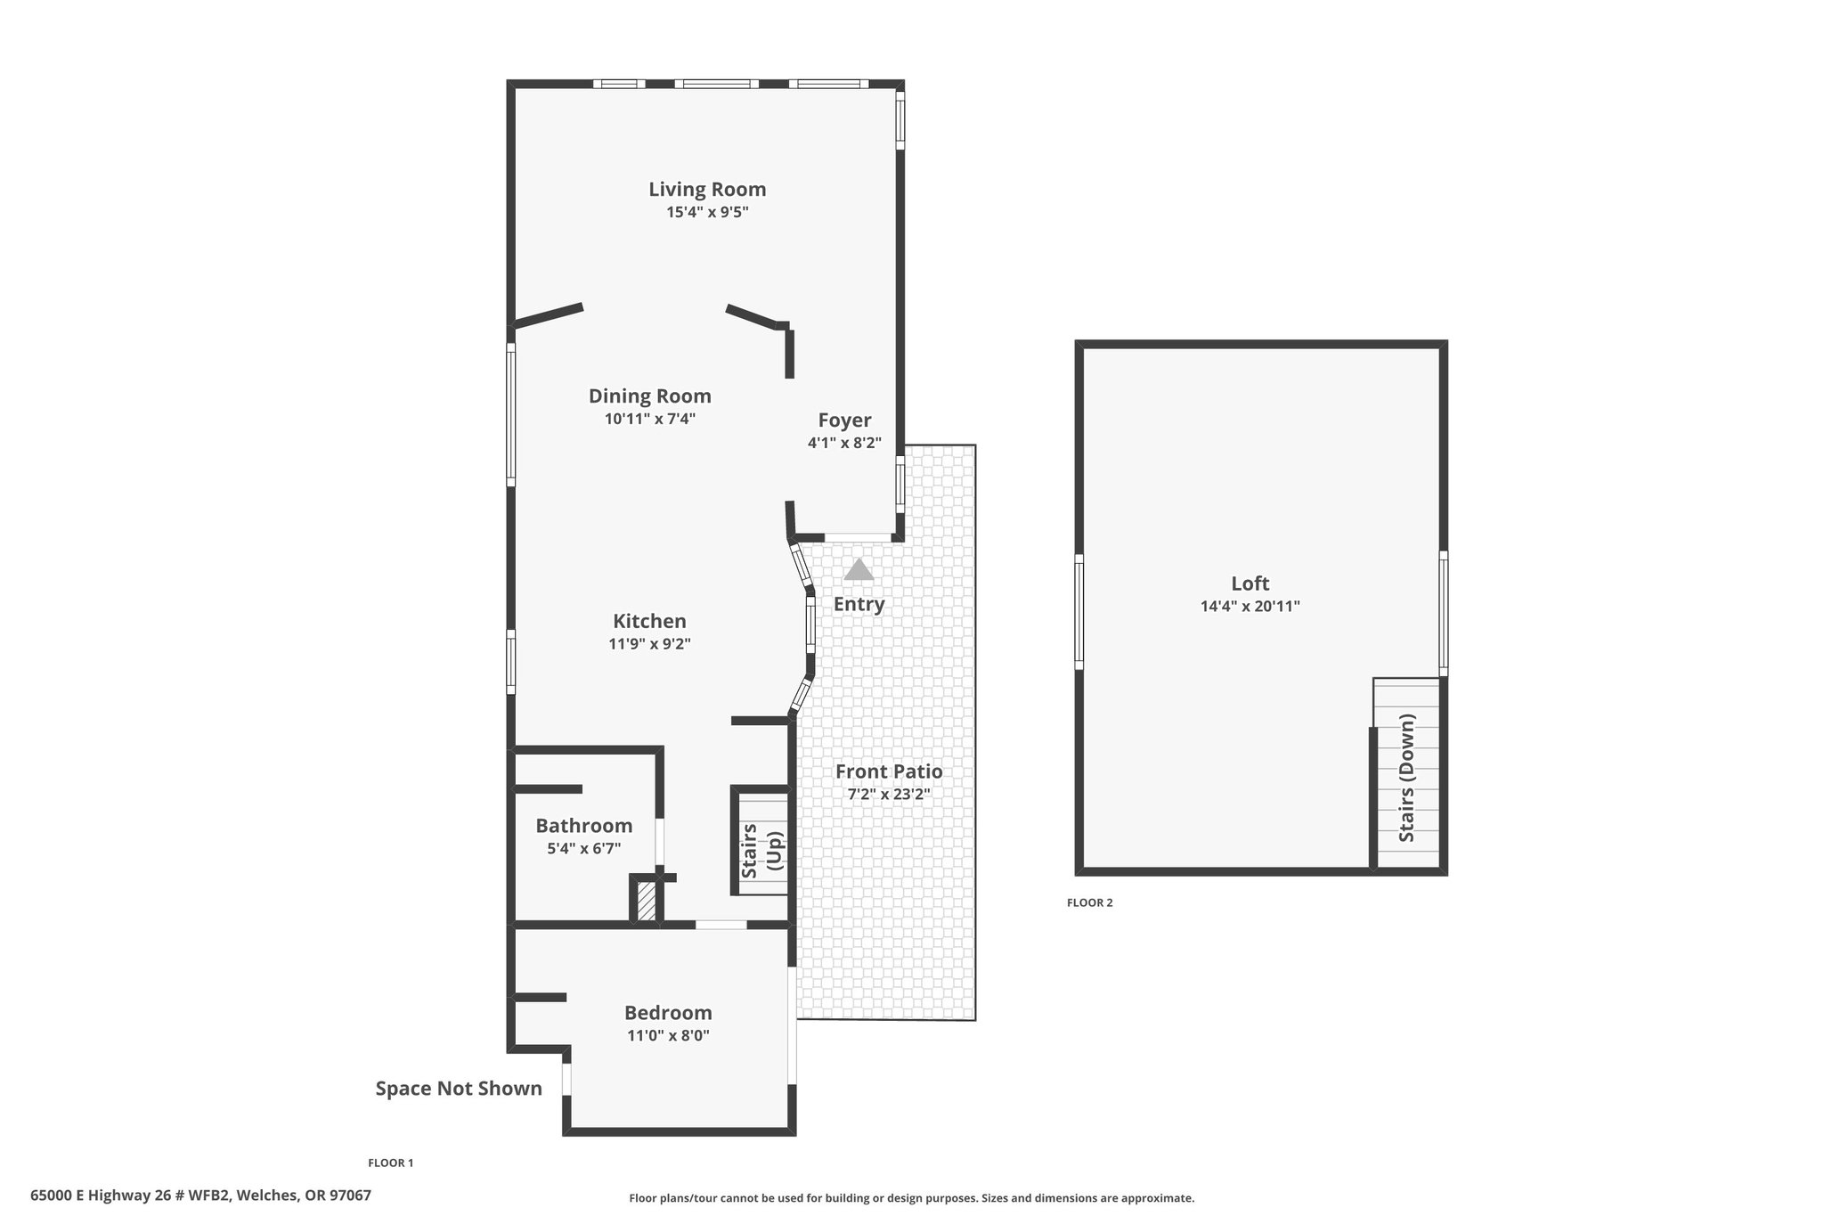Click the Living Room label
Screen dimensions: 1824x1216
[x=707, y=189]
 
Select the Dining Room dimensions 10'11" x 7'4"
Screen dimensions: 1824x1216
[x=650, y=419]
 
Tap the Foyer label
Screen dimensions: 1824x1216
[x=844, y=420]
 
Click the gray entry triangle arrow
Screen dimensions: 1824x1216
[x=859, y=569]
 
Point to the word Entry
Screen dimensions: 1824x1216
[x=859, y=604]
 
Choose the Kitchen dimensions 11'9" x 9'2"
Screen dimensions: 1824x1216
[x=650, y=644]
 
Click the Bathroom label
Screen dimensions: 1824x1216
[x=584, y=826]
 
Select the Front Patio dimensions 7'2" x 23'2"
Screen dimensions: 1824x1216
[x=889, y=795]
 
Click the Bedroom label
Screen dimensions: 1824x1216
[x=668, y=1013]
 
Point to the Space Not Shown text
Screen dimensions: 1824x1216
[x=459, y=1089]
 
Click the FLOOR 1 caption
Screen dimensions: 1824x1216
[x=391, y=1163]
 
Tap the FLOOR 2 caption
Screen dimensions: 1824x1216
[x=1090, y=902]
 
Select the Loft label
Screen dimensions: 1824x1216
[x=1250, y=584]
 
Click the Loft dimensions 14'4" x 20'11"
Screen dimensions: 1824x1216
[x=1250, y=607]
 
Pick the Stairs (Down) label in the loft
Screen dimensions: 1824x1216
[x=1407, y=778]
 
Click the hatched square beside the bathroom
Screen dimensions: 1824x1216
[x=647, y=902]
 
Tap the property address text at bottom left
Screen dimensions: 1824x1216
[x=200, y=1196]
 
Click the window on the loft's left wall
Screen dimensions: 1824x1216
[x=1079, y=611]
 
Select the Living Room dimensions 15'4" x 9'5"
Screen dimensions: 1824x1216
[x=707, y=212]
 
